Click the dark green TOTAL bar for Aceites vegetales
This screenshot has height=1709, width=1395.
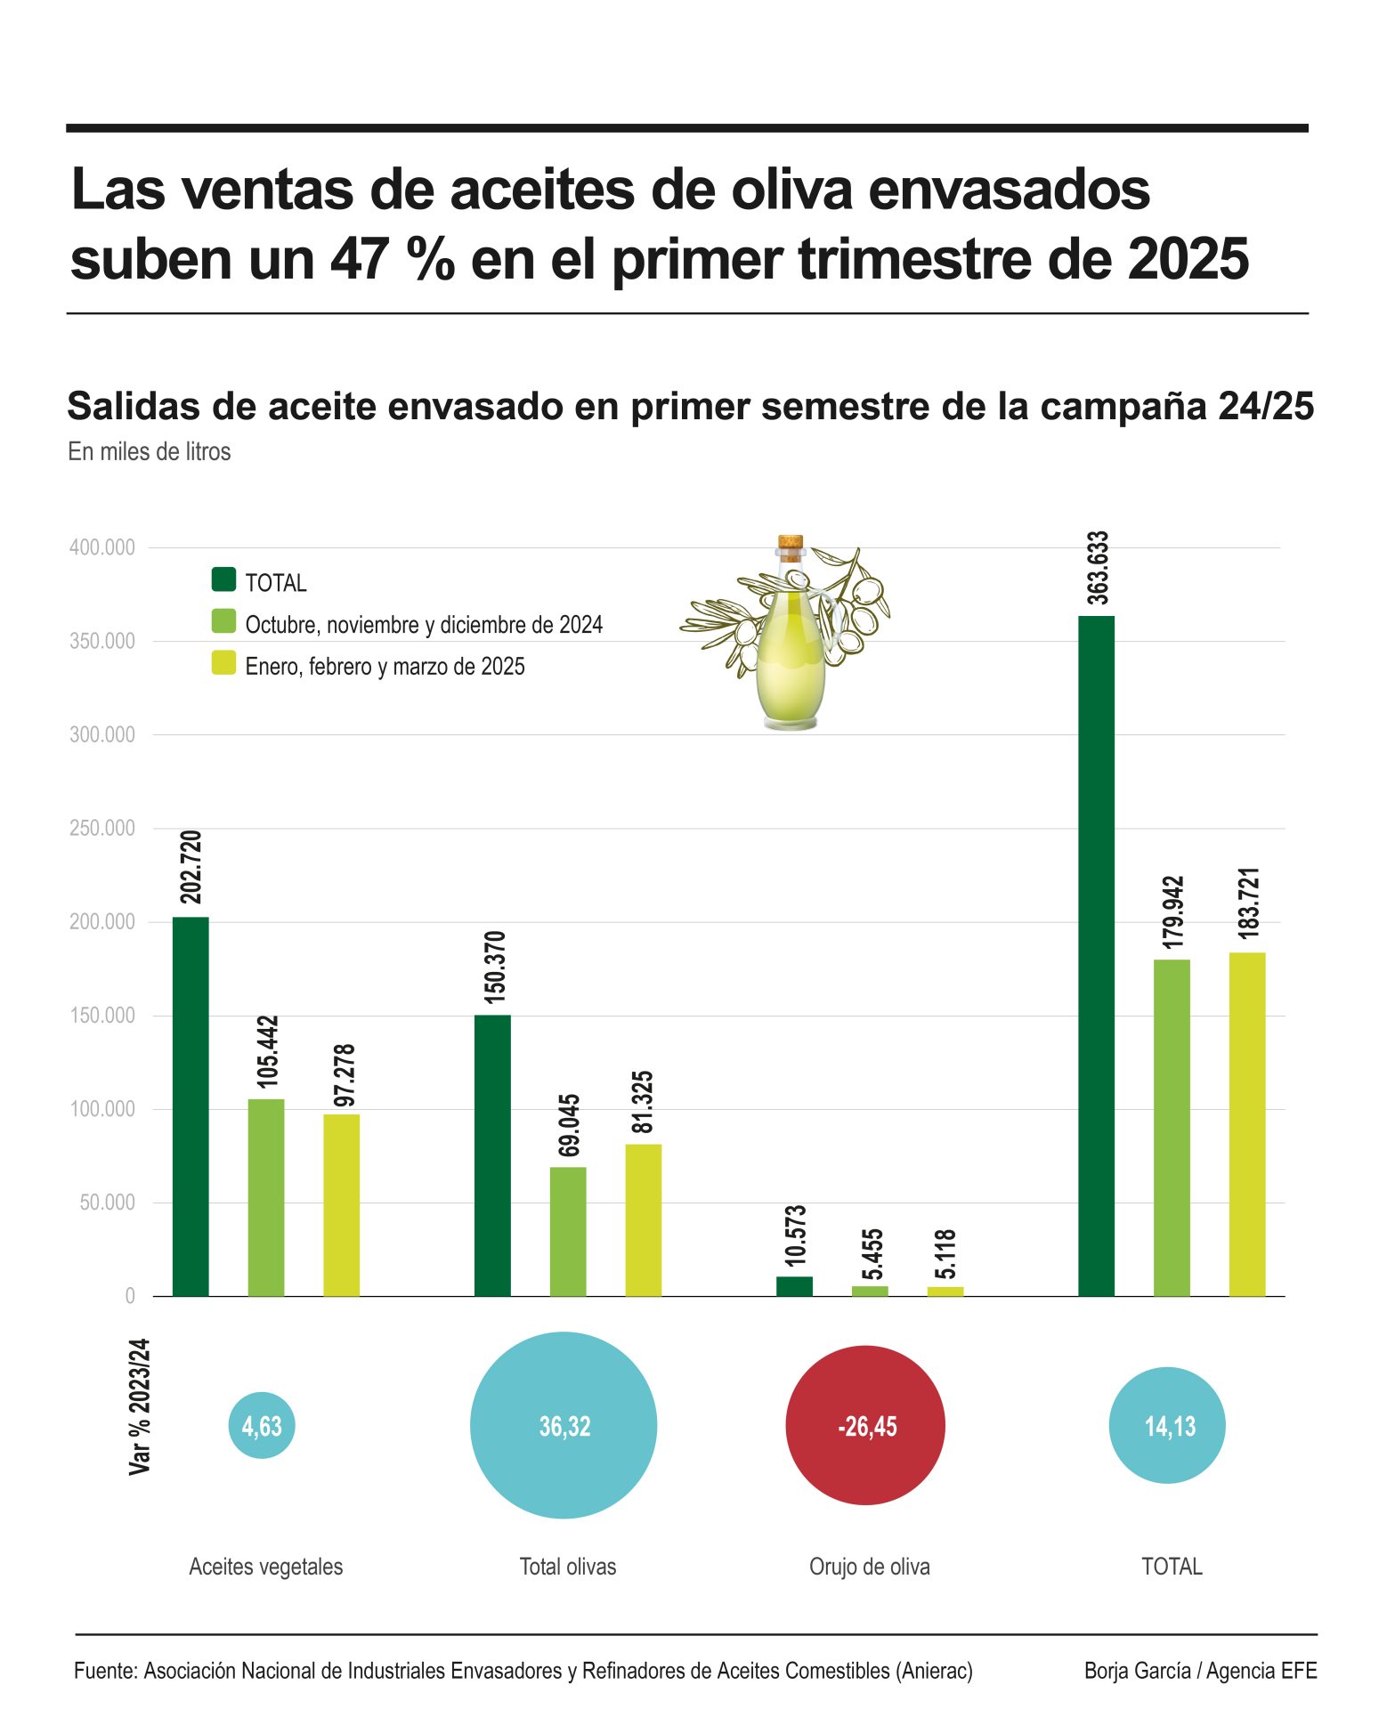coord(191,1106)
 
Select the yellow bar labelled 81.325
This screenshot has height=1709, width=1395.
coord(643,1219)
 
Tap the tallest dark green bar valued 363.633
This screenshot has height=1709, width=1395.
coord(1096,955)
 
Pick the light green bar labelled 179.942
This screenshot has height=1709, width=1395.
coord(1171,1127)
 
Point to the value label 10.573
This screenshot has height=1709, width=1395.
coord(795,1235)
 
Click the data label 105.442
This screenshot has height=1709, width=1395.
coord(267,1051)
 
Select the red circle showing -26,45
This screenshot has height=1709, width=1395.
coord(864,1426)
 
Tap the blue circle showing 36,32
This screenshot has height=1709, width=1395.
coord(564,1426)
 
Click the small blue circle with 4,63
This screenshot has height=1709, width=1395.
coord(262,1426)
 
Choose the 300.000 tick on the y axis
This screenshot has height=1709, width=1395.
coord(102,735)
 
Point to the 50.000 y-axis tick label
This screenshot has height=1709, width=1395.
coord(107,1203)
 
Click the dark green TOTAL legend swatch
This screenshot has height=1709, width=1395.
coord(223,580)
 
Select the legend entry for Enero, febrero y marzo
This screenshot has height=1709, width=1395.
coord(385,667)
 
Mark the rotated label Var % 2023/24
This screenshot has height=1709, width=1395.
coord(140,1406)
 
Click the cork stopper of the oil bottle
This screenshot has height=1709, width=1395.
coord(791,542)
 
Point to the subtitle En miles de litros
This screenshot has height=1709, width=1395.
coord(150,452)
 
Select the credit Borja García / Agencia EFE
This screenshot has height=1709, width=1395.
coord(1200,1671)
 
